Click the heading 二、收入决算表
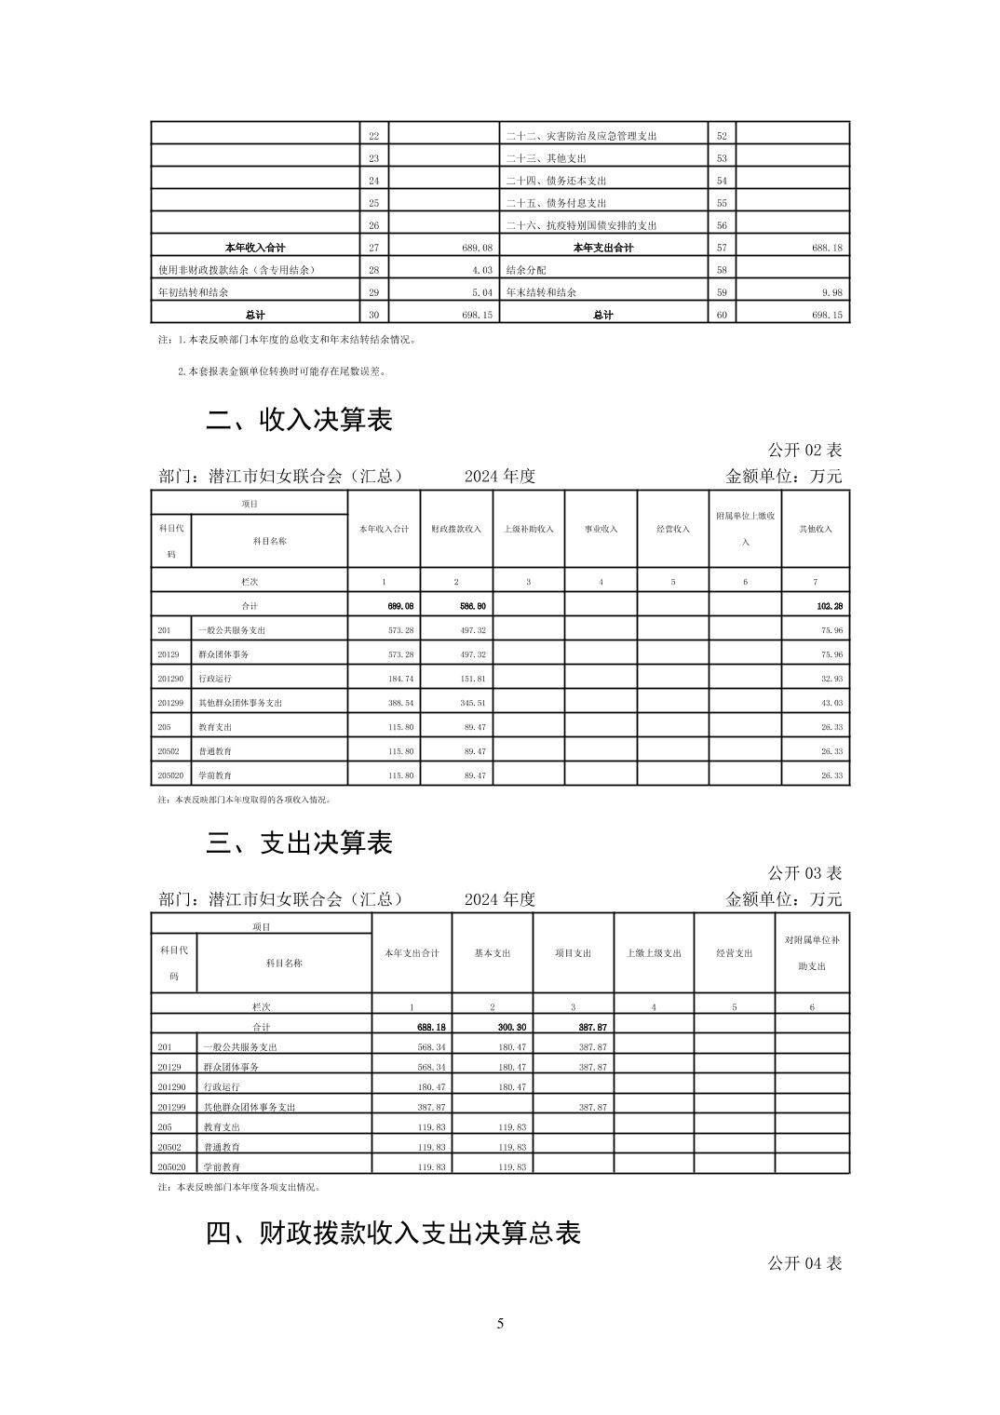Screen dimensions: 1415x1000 point(299,420)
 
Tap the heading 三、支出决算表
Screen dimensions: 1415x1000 point(299,843)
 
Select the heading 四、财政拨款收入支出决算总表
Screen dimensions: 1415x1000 point(393,1233)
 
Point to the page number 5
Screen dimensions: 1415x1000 point(500,1324)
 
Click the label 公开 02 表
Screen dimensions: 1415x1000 point(804,450)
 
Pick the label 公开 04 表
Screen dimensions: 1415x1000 point(804,1263)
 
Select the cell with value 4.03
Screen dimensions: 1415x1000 point(481,270)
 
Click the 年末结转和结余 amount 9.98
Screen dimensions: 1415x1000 point(831,292)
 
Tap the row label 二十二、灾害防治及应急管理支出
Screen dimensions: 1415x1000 point(581,136)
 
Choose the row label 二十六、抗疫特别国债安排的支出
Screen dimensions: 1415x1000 point(581,225)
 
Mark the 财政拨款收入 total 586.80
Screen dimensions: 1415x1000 point(472,606)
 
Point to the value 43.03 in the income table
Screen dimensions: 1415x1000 point(831,703)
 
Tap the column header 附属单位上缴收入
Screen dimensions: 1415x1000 point(745,529)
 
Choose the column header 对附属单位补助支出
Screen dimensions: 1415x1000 point(812,953)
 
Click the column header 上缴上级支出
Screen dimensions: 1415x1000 point(654,953)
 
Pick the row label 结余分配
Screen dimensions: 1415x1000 point(526,270)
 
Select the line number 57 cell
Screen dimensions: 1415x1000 point(722,248)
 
